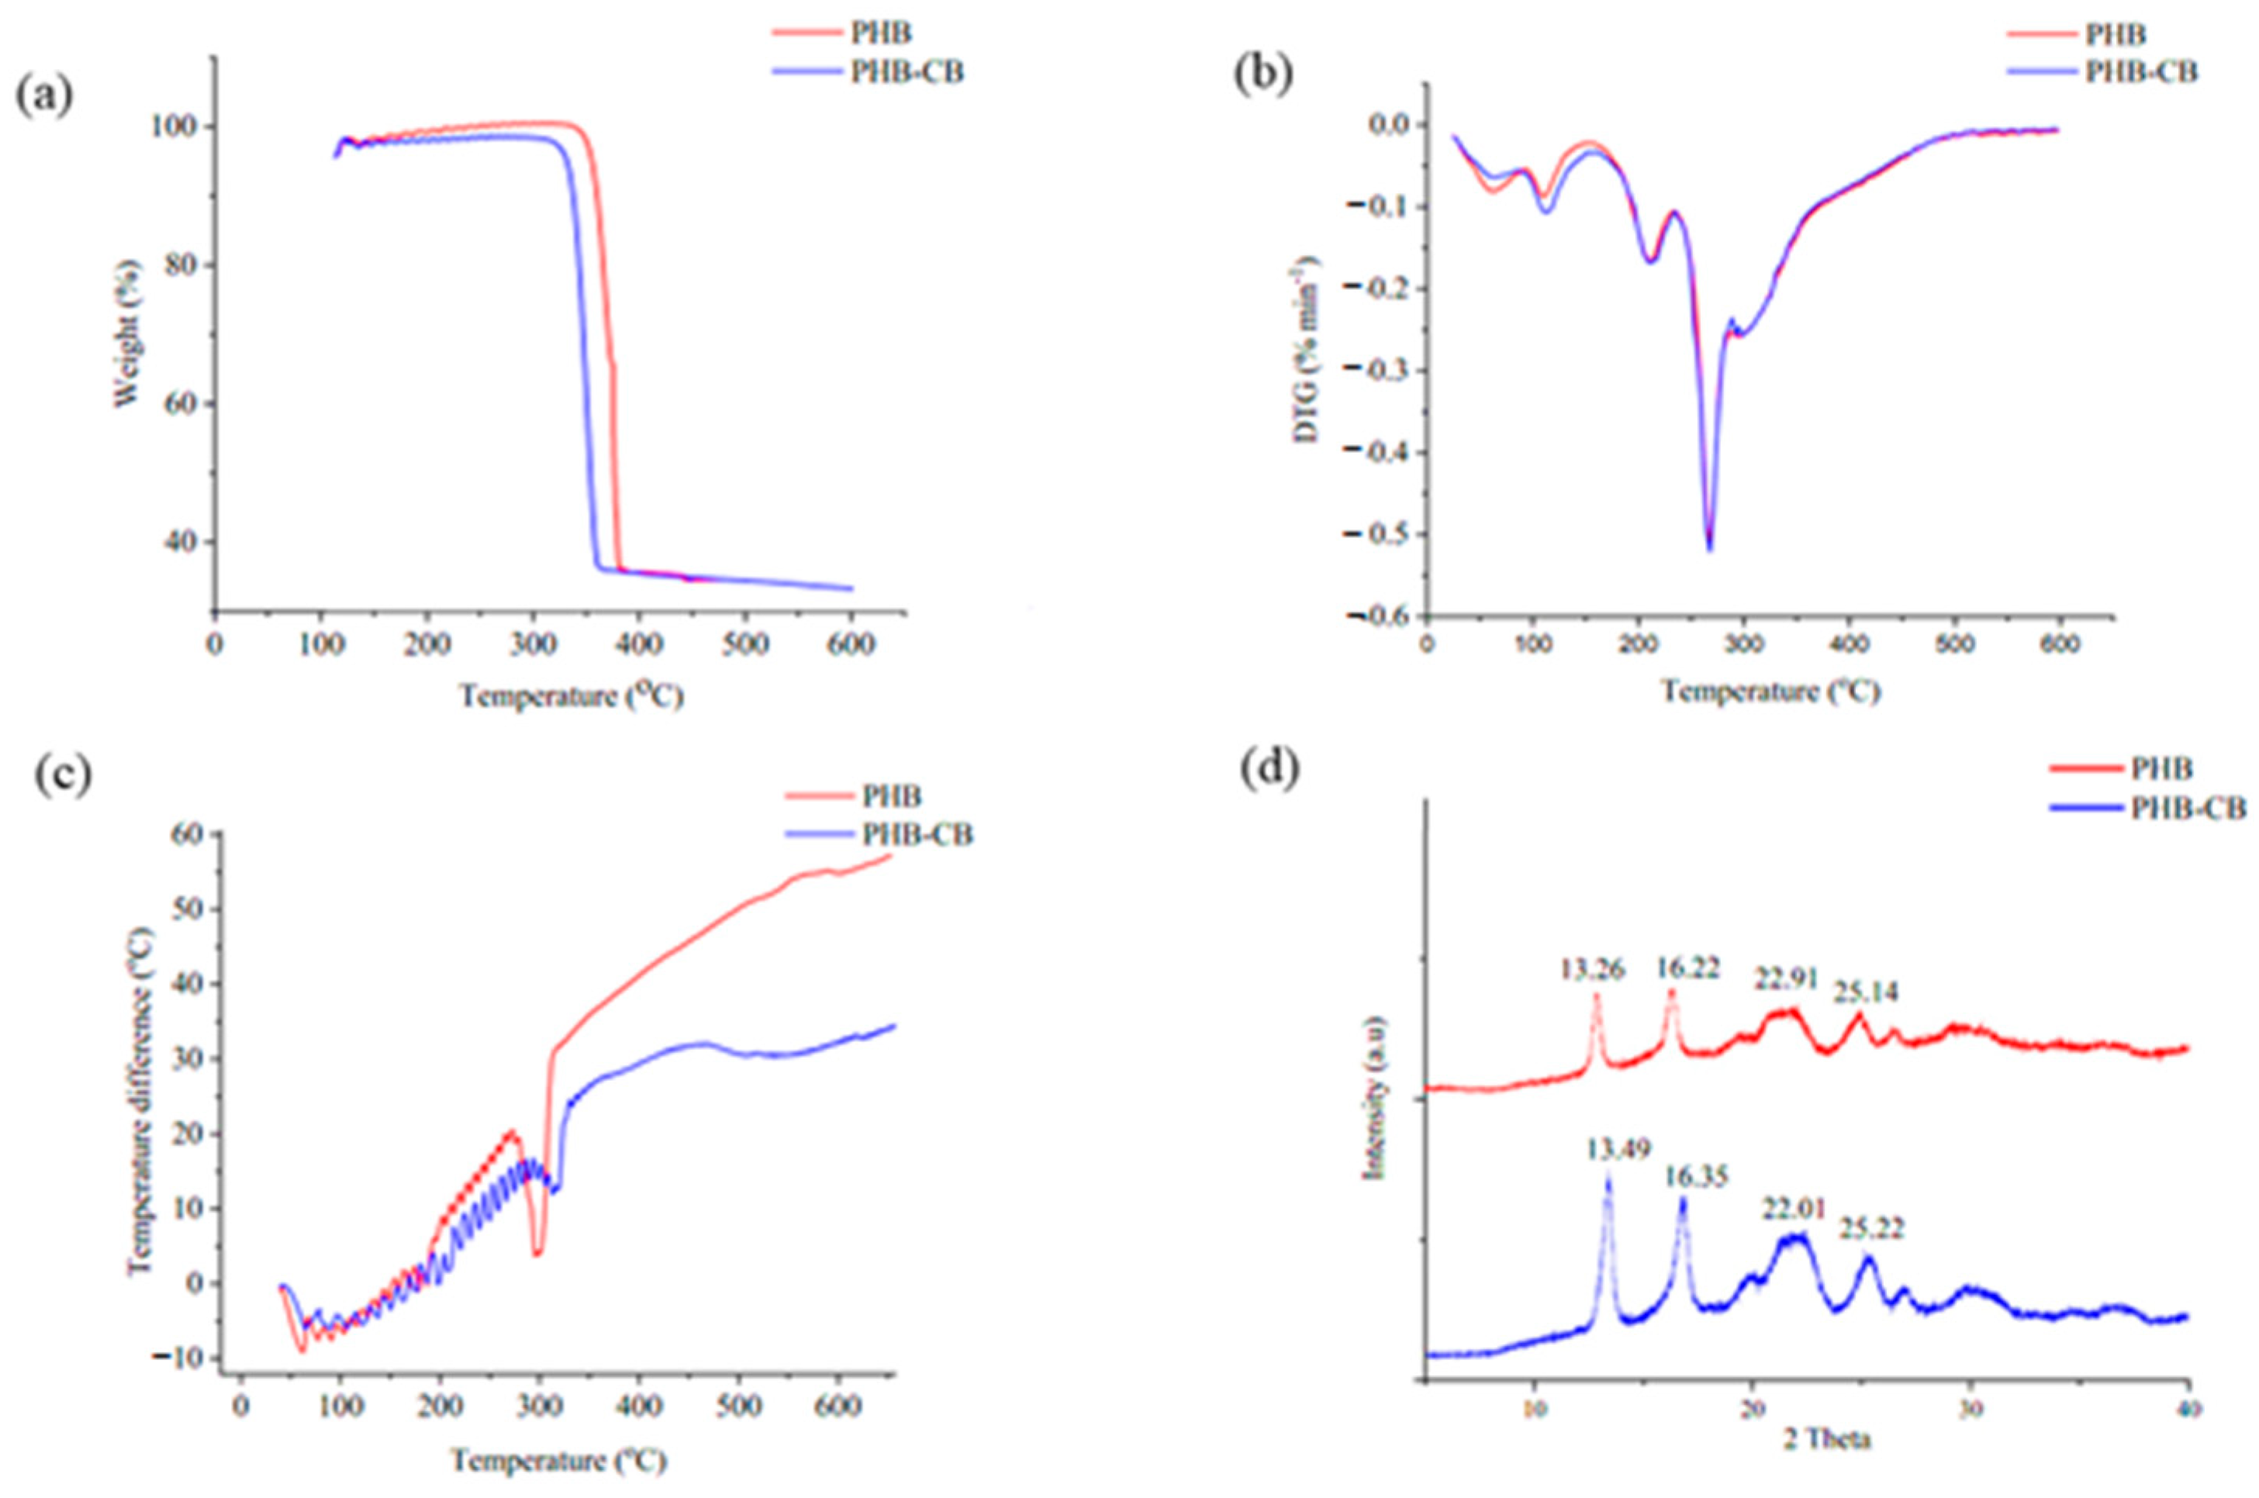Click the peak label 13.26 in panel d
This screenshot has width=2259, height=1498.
coord(1593,968)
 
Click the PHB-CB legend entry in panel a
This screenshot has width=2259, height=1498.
coord(906,71)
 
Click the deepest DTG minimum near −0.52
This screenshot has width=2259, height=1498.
coord(1709,548)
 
